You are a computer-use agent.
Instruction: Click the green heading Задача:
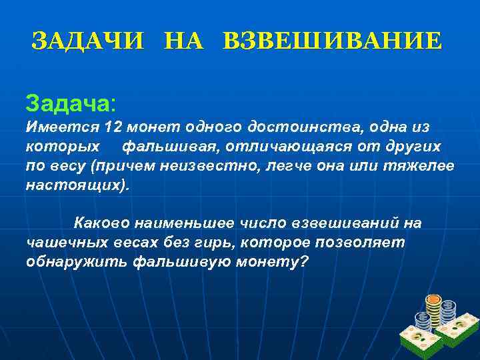point(70,103)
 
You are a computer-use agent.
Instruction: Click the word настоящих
point(75,184)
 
